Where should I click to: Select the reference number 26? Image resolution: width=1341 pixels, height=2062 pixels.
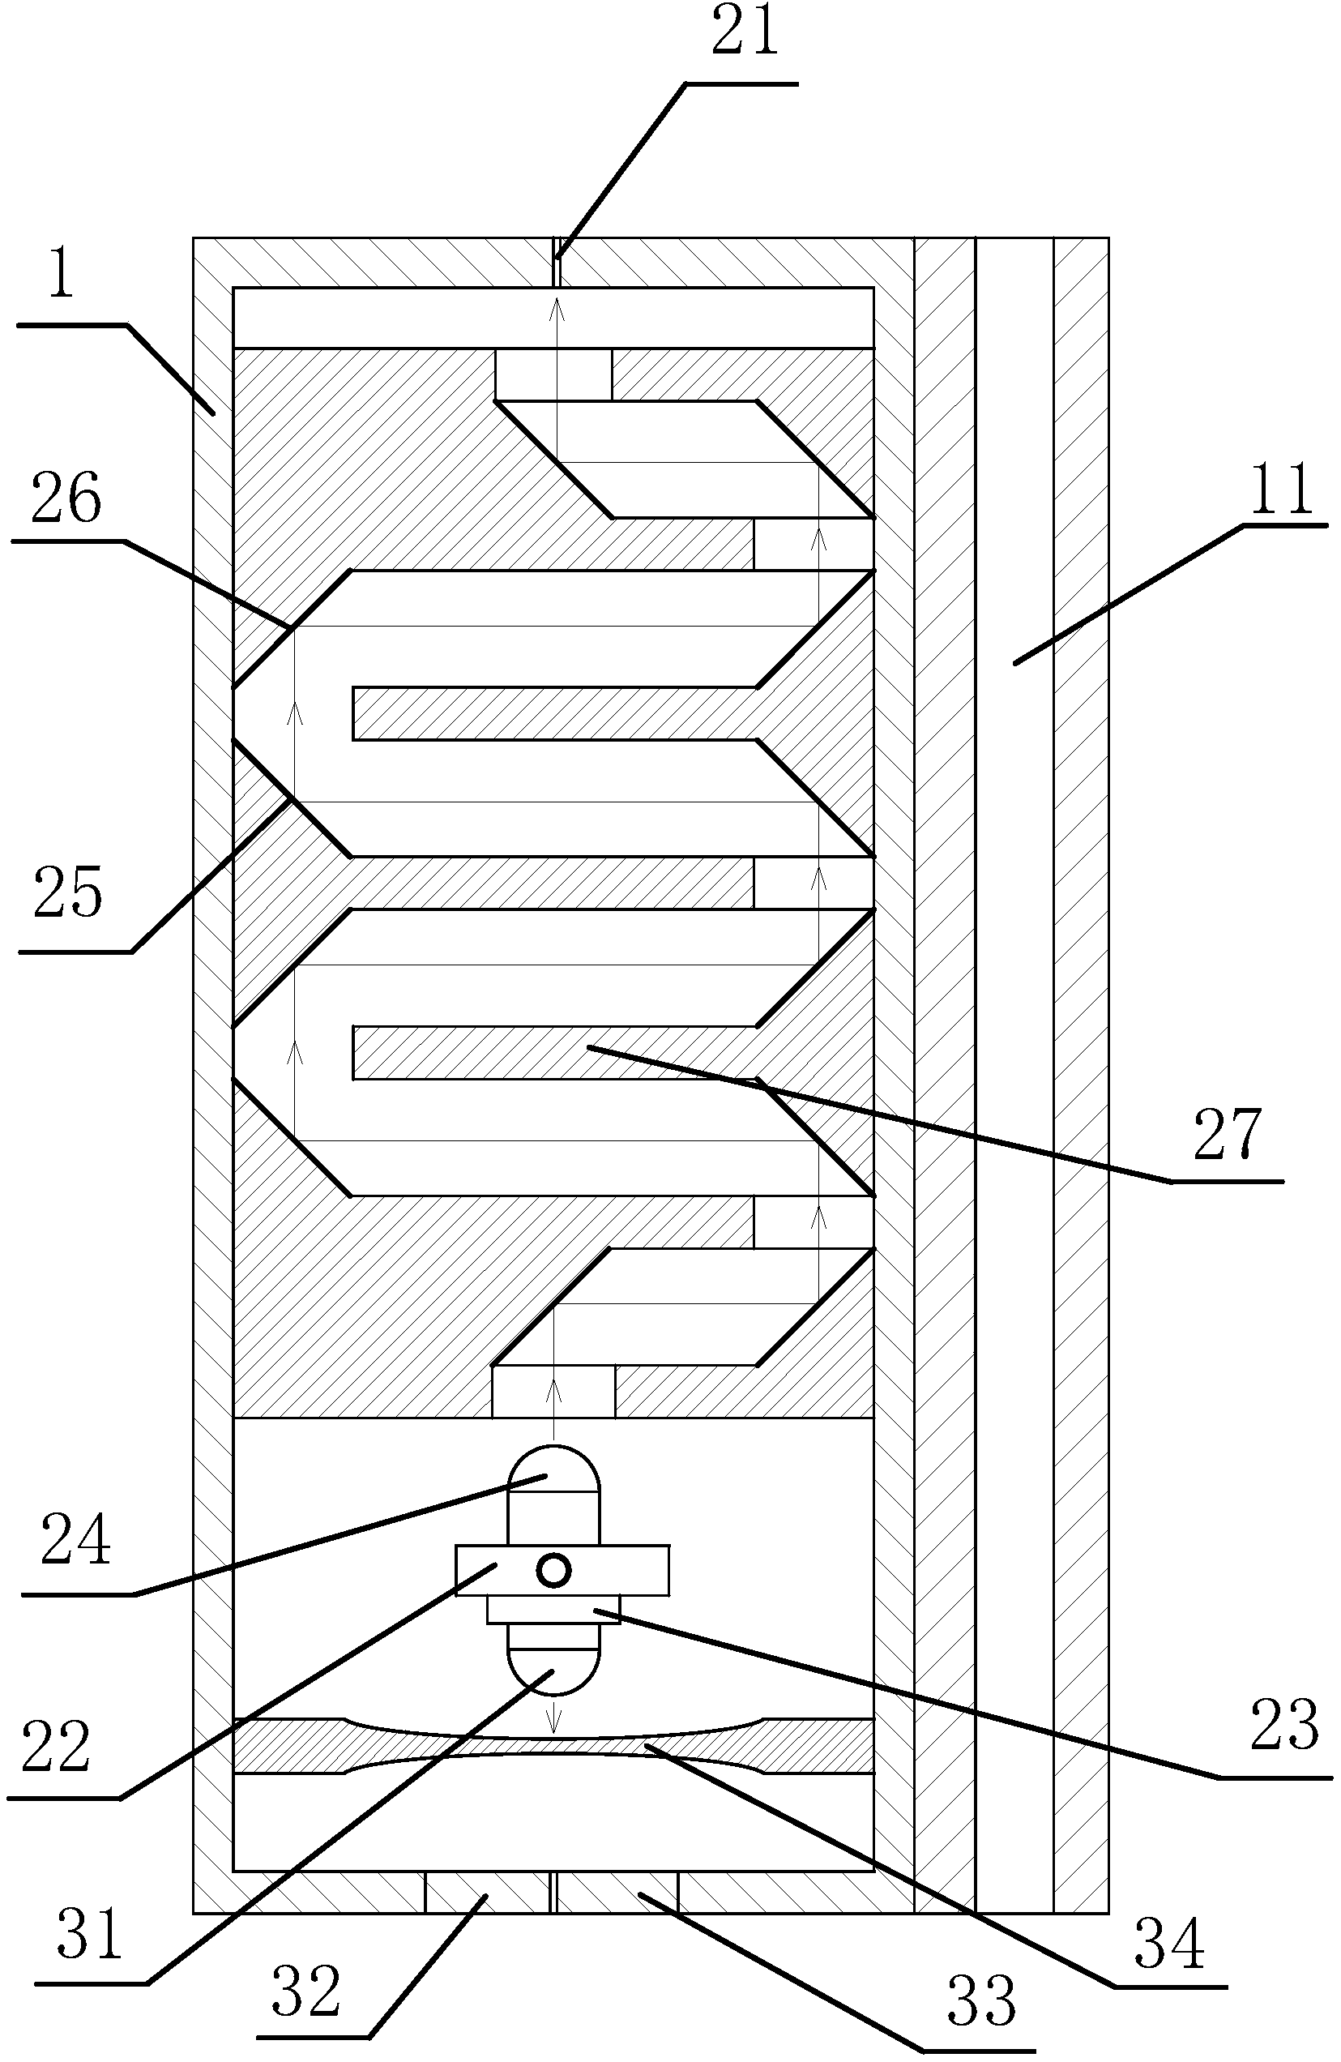coord(66,500)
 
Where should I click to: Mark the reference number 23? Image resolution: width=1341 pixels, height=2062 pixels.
coord(1283,1725)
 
